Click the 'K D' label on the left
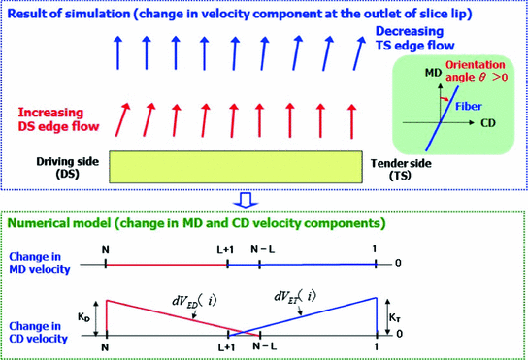point(82,315)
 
